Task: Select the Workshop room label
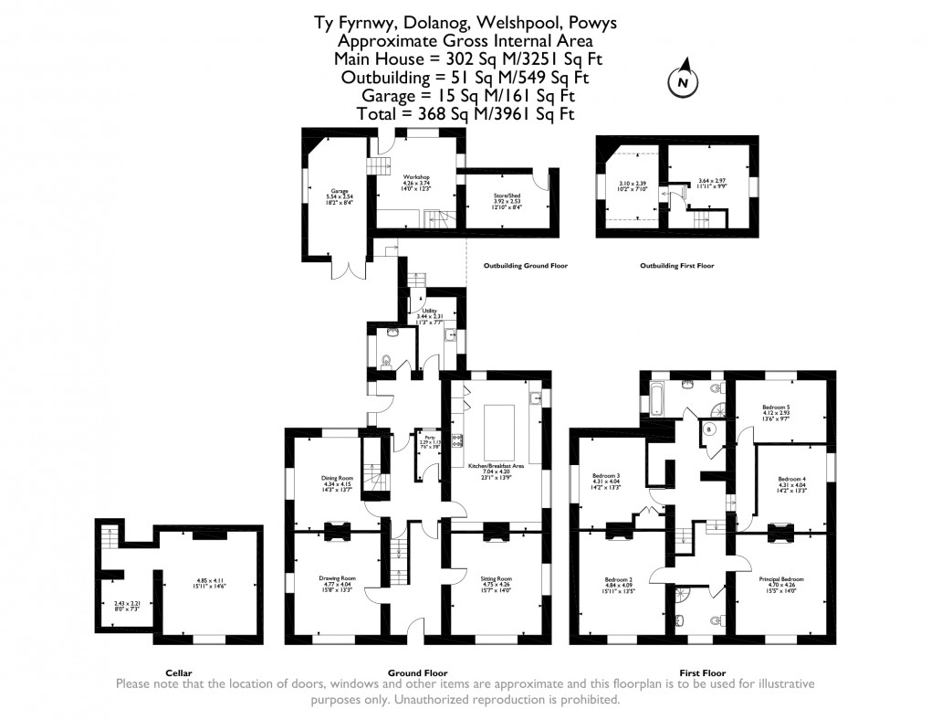click(x=416, y=177)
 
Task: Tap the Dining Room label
click(x=336, y=479)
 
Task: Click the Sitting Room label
click(x=497, y=578)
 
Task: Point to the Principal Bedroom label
click(x=781, y=578)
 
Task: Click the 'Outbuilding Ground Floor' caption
click(x=526, y=266)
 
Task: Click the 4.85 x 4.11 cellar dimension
click(x=209, y=578)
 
